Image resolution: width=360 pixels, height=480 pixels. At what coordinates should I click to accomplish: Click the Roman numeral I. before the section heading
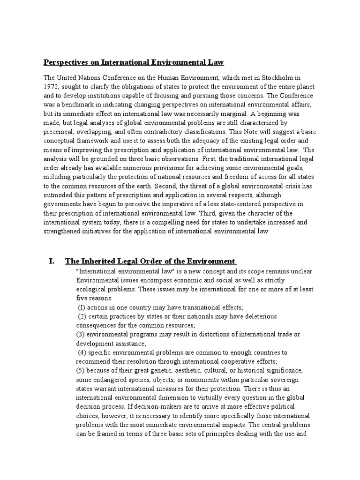coord(52,261)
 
